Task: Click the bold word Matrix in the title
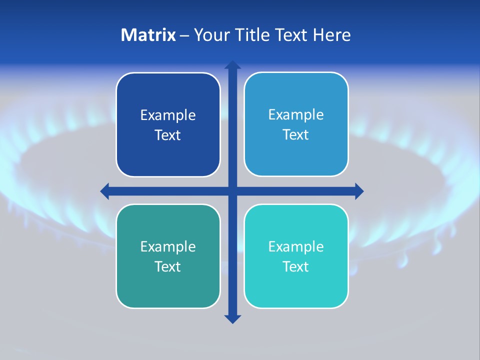pyautogui.click(x=148, y=35)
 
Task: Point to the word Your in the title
pyautogui.click(x=208, y=35)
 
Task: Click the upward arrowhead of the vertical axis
pyautogui.click(x=232, y=64)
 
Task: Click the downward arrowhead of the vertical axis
pyautogui.click(x=232, y=319)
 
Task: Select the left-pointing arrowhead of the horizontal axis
pyautogui.click(x=104, y=191)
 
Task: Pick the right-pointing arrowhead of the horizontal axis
pyautogui.click(x=359, y=191)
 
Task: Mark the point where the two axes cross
pyautogui.click(x=232, y=191)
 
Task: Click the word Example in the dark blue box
pyautogui.click(x=167, y=115)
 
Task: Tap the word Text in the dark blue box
pyautogui.click(x=167, y=135)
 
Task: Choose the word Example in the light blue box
pyautogui.click(x=295, y=115)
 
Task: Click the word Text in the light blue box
pyautogui.click(x=295, y=135)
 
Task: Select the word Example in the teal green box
pyautogui.click(x=167, y=246)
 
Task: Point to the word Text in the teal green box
pyautogui.click(x=167, y=266)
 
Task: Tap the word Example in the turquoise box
pyautogui.click(x=295, y=246)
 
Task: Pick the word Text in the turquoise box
pyautogui.click(x=295, y=266)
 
